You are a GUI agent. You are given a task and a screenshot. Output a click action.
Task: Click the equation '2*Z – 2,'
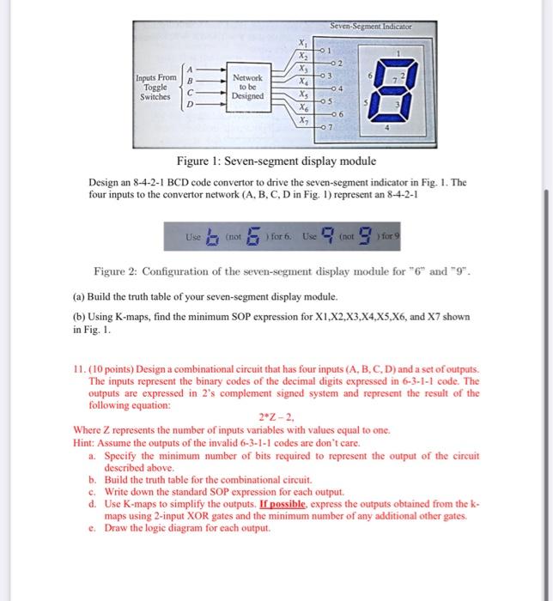click(x=276, y=415)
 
